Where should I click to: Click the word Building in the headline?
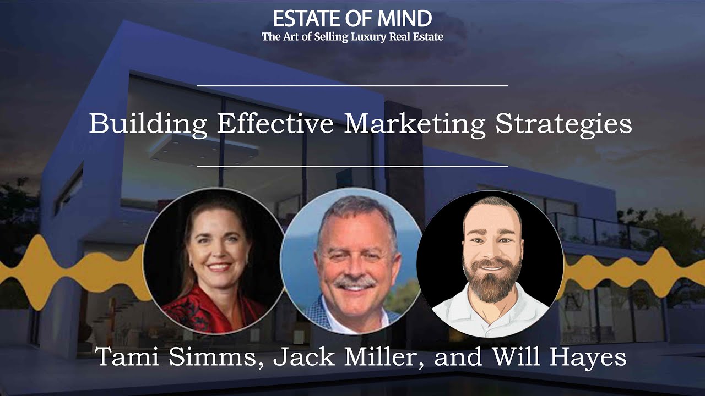coord(148,124)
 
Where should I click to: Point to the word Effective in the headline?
coord(275,123)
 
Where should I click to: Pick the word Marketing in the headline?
coord(415,124)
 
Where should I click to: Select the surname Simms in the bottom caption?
coord(210,358)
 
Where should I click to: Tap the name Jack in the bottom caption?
coord(302,358)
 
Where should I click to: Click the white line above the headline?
coord(352,86)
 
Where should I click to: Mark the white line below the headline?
coord(352,166)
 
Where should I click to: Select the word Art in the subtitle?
coord(292,37)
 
